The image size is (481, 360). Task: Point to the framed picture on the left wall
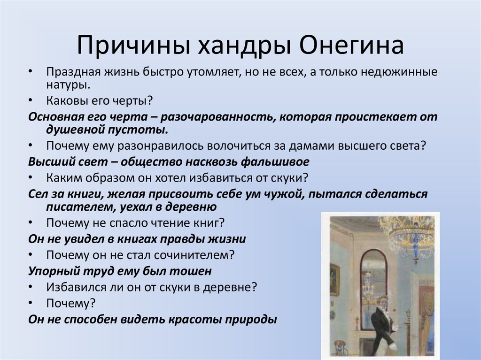(x=334, y=279)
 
